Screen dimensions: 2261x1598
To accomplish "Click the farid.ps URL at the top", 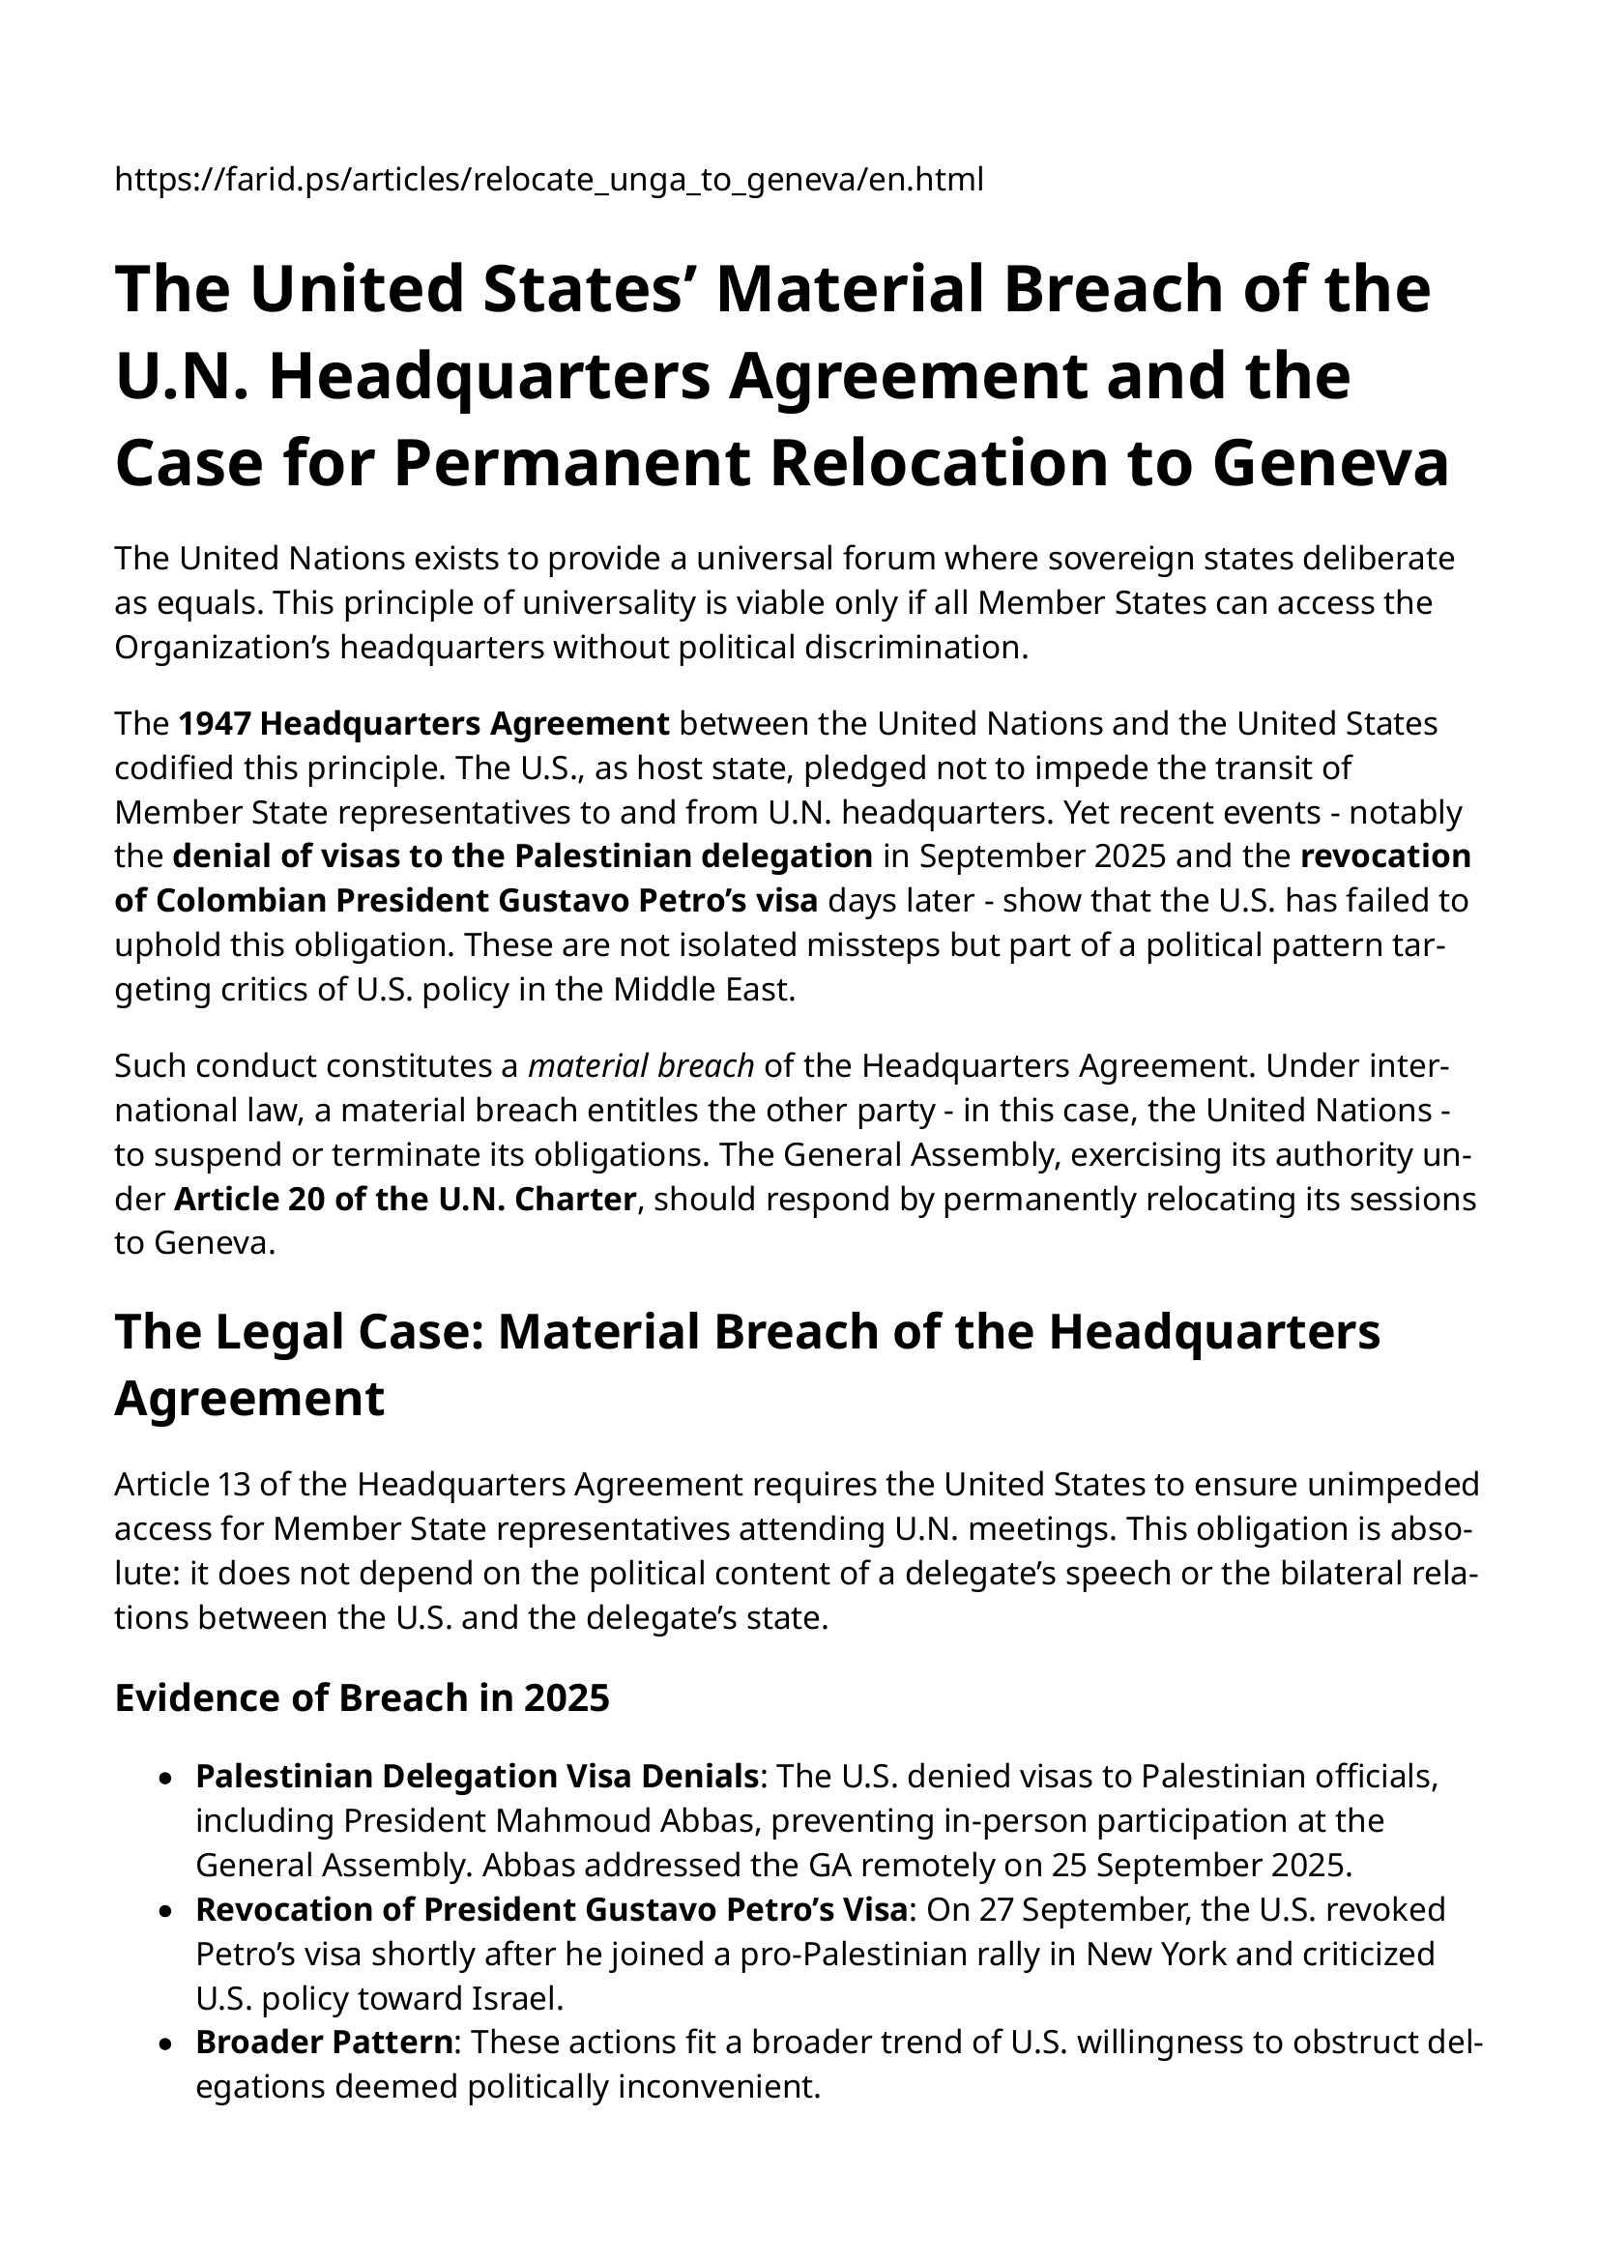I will point(548,181).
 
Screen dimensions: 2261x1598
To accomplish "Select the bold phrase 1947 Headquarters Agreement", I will point(423,724).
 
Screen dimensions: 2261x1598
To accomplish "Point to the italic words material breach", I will point(641,1065).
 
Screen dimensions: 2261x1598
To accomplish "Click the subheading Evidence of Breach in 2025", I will point(362,1696).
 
